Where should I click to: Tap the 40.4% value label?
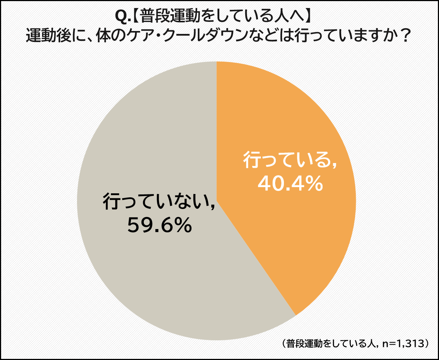point(290,183)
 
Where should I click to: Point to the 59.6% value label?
point(159,226)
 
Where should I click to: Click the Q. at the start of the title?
point(120,16)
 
